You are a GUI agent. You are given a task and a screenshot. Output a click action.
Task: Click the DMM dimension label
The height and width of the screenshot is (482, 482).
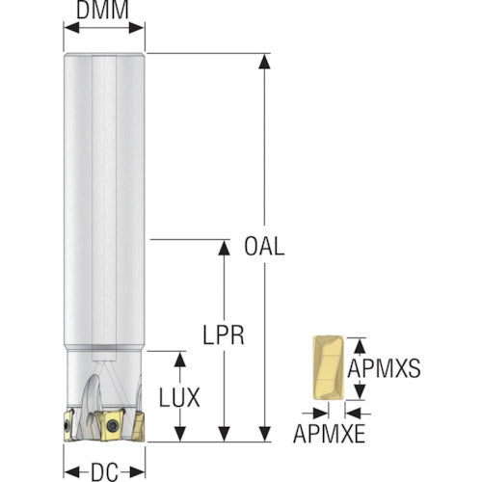pos(102,10)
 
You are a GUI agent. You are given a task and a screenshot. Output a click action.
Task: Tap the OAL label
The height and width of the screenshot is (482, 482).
pos(264,247)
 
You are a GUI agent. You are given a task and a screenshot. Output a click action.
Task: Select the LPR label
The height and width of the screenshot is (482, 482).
pos(224,335)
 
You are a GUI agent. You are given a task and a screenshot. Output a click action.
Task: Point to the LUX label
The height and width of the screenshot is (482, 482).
pos(179,397)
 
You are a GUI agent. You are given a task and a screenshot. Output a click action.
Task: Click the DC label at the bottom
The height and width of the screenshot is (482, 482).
pos(105,472)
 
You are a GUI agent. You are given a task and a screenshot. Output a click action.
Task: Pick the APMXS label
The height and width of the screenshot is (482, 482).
pos(384,368)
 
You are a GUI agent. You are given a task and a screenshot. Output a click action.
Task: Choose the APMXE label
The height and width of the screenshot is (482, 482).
pos(330,434)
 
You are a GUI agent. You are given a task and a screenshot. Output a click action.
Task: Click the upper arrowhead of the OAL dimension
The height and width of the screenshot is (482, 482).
pos(264,62)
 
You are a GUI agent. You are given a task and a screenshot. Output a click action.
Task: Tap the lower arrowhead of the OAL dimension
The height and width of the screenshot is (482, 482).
pos(264,434)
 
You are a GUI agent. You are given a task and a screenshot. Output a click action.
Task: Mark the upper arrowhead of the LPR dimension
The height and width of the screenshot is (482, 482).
pos(224,248)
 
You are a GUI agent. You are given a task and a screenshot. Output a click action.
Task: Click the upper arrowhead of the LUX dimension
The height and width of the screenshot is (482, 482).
pos(179,360)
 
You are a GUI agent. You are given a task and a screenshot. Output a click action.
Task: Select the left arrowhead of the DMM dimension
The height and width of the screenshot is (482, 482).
pos(71,28)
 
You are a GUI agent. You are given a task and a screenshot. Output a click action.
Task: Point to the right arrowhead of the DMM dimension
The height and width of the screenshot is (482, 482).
pos(137,28)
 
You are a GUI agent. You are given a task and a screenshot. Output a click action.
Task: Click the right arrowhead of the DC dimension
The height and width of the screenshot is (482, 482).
pos(137,472)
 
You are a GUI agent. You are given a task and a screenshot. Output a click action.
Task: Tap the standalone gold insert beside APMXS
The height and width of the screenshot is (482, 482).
pos(329,367)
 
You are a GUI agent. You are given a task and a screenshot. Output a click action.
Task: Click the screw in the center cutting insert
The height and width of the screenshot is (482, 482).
pos(113,426)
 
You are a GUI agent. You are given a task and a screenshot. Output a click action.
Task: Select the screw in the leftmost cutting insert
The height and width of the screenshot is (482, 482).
pos(67,426)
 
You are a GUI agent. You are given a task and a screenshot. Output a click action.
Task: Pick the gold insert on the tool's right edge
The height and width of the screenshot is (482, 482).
pos(139,426)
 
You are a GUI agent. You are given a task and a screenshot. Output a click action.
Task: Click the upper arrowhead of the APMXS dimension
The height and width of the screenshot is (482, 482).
pos(360,346)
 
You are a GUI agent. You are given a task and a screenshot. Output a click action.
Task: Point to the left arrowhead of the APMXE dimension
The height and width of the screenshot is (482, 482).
pos(320,414)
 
